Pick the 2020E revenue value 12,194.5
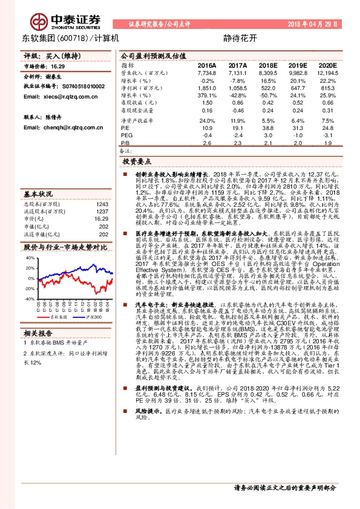(326, 72)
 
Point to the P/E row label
(125, 128)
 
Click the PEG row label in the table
(126, 135)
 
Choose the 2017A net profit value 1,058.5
(237, 88)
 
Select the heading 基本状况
(37, 195)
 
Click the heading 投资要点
(136, 163)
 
